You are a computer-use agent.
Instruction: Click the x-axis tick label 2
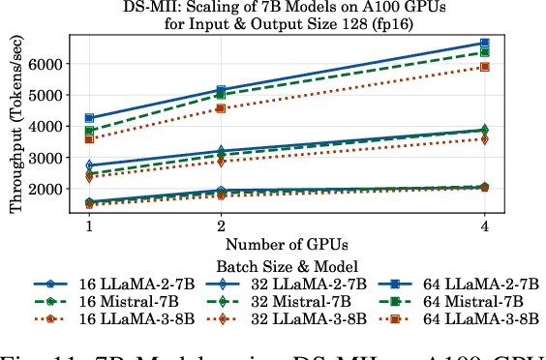point(221,225)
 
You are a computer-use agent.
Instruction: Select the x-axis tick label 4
point(484,225)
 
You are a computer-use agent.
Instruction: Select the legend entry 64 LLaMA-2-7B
point(479,285)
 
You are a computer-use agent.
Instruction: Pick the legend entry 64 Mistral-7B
point(474,302)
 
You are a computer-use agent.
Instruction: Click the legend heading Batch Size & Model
point(287,265)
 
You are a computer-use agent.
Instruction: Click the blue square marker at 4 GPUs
point(484,44)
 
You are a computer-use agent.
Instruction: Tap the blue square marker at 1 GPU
point(89,118)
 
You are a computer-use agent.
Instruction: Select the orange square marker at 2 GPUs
point(221,108)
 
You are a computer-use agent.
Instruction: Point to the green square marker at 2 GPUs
point(221,95)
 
